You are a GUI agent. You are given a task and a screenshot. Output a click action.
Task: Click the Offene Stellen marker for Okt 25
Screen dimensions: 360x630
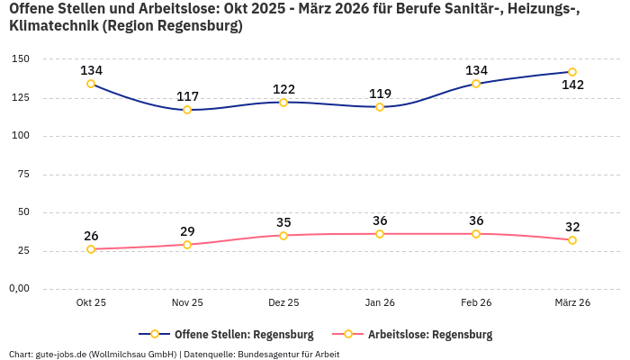91,84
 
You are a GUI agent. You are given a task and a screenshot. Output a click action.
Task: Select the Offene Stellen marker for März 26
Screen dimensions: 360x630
572,72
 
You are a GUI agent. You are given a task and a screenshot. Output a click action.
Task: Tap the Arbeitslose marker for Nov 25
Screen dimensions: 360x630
187,245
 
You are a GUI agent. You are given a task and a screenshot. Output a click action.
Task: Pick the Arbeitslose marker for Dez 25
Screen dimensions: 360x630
283,236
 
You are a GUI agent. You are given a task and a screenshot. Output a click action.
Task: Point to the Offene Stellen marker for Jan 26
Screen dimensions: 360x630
380,107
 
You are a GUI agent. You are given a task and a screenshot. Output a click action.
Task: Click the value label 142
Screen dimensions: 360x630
572,85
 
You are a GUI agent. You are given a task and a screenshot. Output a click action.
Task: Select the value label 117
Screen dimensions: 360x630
187,96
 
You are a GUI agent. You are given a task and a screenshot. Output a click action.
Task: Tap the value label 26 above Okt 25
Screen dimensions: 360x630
91,236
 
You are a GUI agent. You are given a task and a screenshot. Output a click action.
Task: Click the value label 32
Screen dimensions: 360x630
572,227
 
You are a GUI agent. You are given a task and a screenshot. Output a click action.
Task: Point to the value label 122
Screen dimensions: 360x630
283,89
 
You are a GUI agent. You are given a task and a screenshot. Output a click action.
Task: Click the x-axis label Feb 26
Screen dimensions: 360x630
476,303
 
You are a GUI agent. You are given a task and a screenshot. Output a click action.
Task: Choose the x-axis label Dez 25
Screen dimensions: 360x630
283,303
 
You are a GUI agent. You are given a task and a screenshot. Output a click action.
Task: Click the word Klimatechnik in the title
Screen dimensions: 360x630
52,26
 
